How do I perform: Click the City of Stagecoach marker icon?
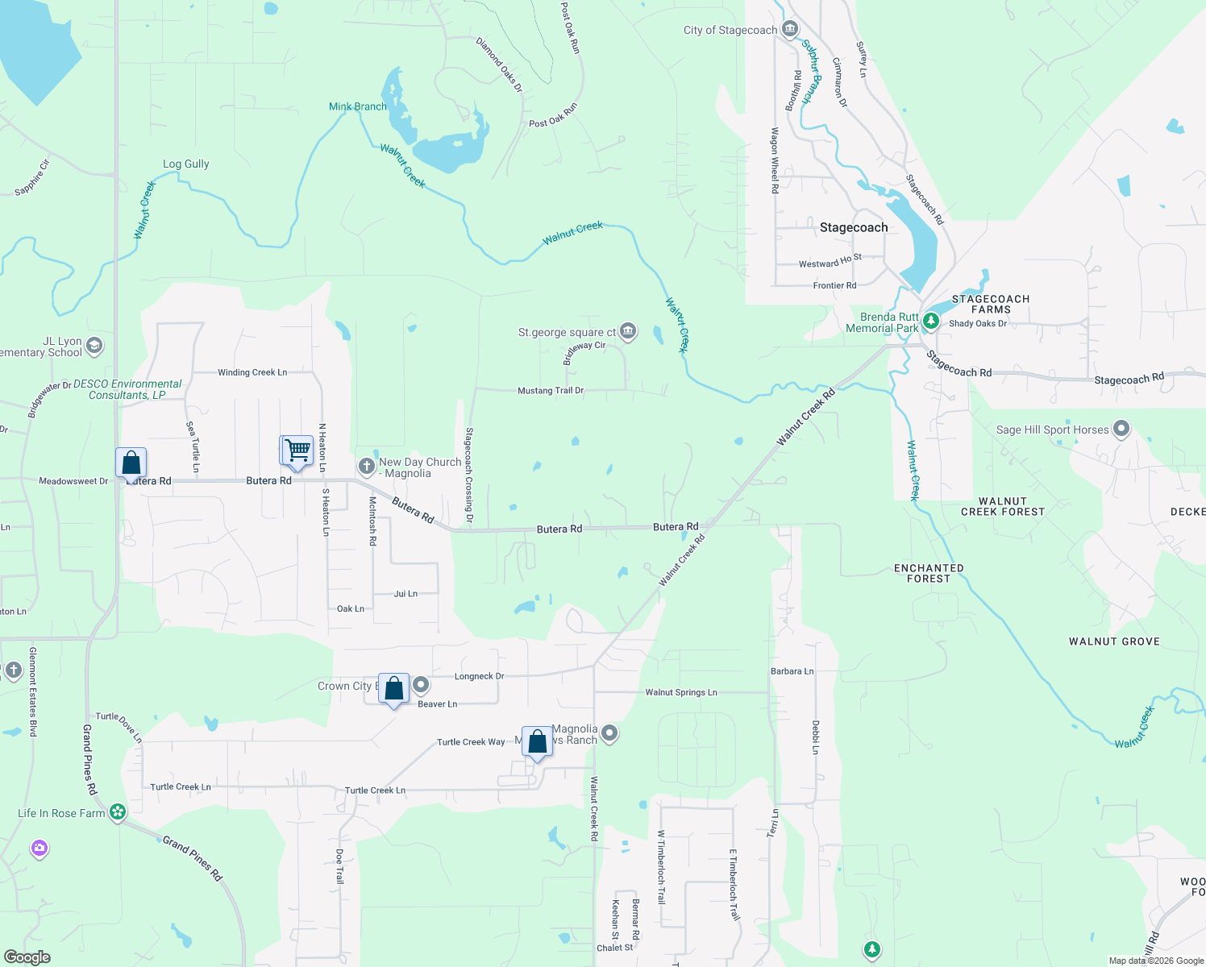pyautogui.click(x=789, y=29)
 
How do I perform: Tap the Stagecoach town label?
pyautogui.click(x=854, y=227)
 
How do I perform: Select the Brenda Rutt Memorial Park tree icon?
pyautogui.click(x=931, y=321)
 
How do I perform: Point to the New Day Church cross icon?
pyautogui.click(x=367, y=466)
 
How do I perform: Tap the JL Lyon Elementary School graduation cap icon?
pyautogui.click(x=94, y=346)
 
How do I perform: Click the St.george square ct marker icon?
pyautogui.click(x=628, y=331)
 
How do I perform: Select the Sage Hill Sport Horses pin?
pyautogui.click(x=1121, y=429)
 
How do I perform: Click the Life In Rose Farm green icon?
pyautogui.click(x=118, y=811)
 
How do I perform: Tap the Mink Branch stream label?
pyautogui.click(x=358, y=106)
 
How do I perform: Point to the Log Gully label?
pyautogui.click(x=186, y=164)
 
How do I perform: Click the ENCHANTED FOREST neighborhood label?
pyautogui.click(x=929, y=573)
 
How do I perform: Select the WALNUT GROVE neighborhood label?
pyautogui.click(x=1114, y=641)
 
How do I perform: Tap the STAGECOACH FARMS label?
pyautogui.click(x=991, y=304)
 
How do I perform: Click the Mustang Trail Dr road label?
pyautogui.click(x=551, y=390)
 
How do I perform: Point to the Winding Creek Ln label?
pyautogui.click(x=252, y=372)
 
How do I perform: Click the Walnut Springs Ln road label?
pyautogui.click(x=681, y=692)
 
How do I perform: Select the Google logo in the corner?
pyautogui.click(x=27, y=957)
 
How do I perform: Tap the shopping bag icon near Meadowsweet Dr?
pyautogui.click(x=131, y=463)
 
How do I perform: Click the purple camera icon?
pyautogui.click(x=40, y=849)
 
